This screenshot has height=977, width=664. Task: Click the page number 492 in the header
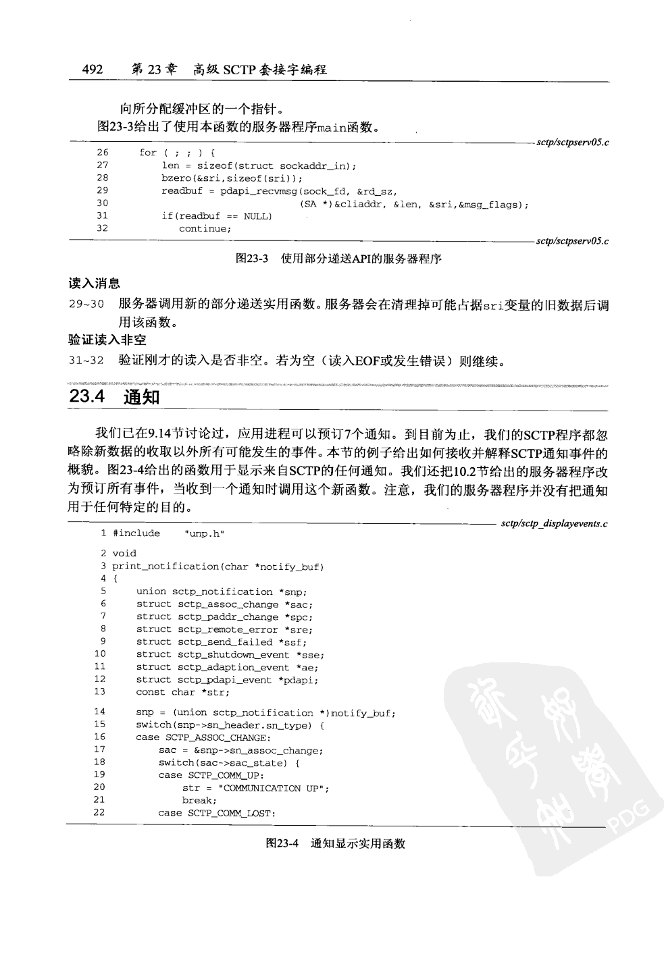(x=91, y=69)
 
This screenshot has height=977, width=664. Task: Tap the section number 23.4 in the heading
(x=86, y=397)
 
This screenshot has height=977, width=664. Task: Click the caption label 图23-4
(x=282, y=843)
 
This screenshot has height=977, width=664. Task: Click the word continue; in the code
(x=205, y=229)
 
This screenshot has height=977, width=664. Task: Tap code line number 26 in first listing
(x=103, y=153)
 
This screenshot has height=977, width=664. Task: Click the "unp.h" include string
(x=204, y=534)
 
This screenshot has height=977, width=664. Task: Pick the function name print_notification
(x=165, y=566)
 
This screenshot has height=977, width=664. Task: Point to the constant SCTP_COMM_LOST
(x=231, y=813)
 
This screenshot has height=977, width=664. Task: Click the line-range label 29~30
(x=86, y=305)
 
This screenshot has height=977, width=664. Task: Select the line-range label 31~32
(x=86, y=361)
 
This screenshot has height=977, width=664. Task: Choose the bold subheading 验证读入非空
(x=107, y=340)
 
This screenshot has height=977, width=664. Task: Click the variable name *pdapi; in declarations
(x=298, y=680)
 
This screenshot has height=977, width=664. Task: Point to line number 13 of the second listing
(x=99, y=691)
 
